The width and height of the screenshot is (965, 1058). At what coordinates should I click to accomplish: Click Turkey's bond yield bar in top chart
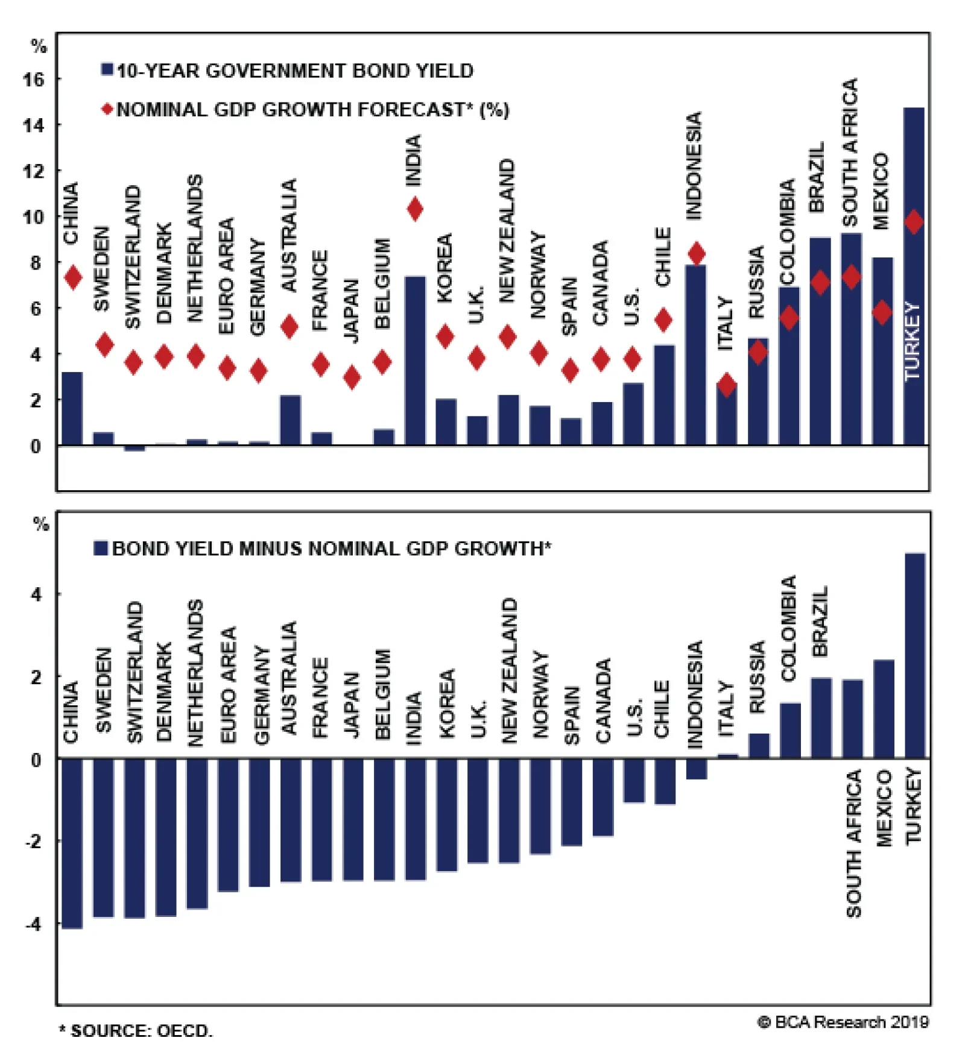click(913, 277)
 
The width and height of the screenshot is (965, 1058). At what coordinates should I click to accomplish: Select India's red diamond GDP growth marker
click(414, 209)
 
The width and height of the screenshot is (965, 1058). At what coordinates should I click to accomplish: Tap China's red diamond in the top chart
click(73, 277)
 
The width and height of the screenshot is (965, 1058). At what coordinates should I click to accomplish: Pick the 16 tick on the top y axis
click(34, 80)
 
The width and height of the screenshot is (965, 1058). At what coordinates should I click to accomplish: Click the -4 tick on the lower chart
click(34, 924)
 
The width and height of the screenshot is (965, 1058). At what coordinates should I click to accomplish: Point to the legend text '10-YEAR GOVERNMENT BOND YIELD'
click(295, 71)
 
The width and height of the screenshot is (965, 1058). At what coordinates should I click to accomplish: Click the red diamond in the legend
click(107, 109)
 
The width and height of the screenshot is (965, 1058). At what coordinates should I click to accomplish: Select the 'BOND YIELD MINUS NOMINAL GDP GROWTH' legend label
click(331, 549)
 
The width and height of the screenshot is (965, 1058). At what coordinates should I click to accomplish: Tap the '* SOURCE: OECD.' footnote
click(136, 1030)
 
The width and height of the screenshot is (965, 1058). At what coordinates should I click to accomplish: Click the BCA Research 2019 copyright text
click(843, 1022)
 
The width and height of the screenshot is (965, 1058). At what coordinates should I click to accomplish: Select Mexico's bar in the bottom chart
click(884, 709)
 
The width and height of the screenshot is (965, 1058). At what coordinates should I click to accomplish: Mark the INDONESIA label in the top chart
click(694, 166)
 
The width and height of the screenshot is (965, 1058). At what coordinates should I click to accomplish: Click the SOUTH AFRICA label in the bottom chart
click(853, 844)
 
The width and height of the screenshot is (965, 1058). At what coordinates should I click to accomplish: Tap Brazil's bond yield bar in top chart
click(820, 341)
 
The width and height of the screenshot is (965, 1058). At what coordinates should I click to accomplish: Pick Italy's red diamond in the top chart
click(727, 385)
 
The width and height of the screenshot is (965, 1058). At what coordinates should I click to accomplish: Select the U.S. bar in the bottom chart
click(634, 780)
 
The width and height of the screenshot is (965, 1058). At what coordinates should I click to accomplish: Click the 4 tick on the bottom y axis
click(36, 595)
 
